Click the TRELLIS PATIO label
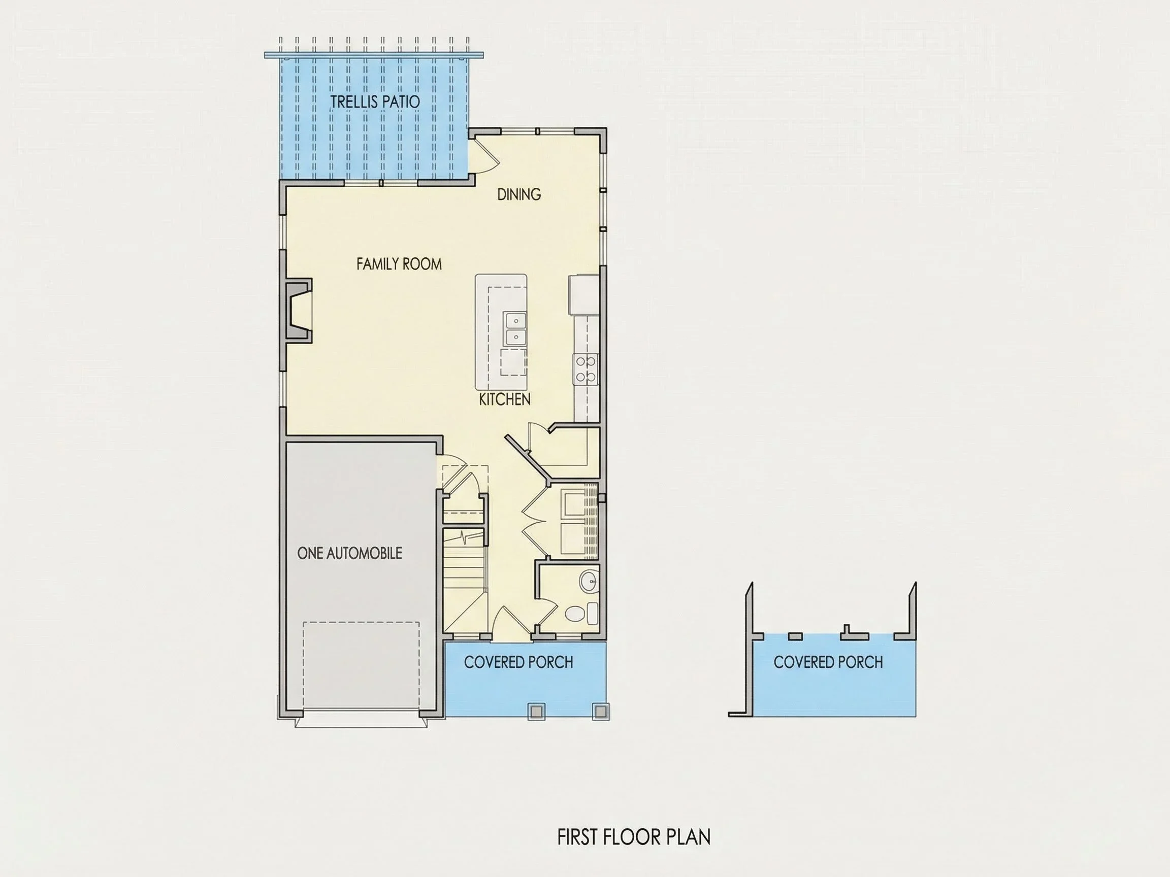pos(375,102)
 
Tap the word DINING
pos(519,194)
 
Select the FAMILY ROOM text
pos(399,264)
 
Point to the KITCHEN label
pos(505,399)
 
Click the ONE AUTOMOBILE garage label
pos(349,553)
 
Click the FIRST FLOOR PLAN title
pos(634,837)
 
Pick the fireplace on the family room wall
pos(297,311)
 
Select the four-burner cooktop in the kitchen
pos(586,369)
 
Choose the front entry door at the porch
pos(512,624)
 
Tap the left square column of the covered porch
pos(536,712)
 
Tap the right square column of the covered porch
pos(599,712)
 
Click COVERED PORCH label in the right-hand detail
pos(828,662)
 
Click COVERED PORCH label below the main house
pos(518,662)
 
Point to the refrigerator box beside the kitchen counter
pos(584,294)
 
